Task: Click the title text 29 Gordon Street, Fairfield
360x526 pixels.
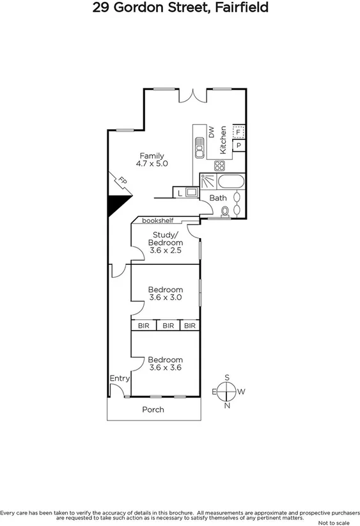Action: pos(180,8)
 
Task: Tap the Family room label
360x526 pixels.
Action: pos(152,155)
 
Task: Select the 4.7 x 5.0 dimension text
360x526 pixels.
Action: pos(152,164)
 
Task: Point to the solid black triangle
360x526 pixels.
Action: pos(115,204)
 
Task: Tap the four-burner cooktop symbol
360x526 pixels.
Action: pos(219,165)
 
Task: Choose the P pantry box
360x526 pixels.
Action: pos(239,146)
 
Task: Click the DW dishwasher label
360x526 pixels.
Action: pos(210,132)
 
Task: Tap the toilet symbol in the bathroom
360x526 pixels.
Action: pos(224,211)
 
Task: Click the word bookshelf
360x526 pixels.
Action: pos(158,221)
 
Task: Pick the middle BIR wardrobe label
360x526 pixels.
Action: pos(168,326)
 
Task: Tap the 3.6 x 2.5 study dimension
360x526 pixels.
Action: pos(166,251)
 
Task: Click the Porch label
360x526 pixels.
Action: pos(153,410)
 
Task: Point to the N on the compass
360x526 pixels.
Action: pos(226,405)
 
